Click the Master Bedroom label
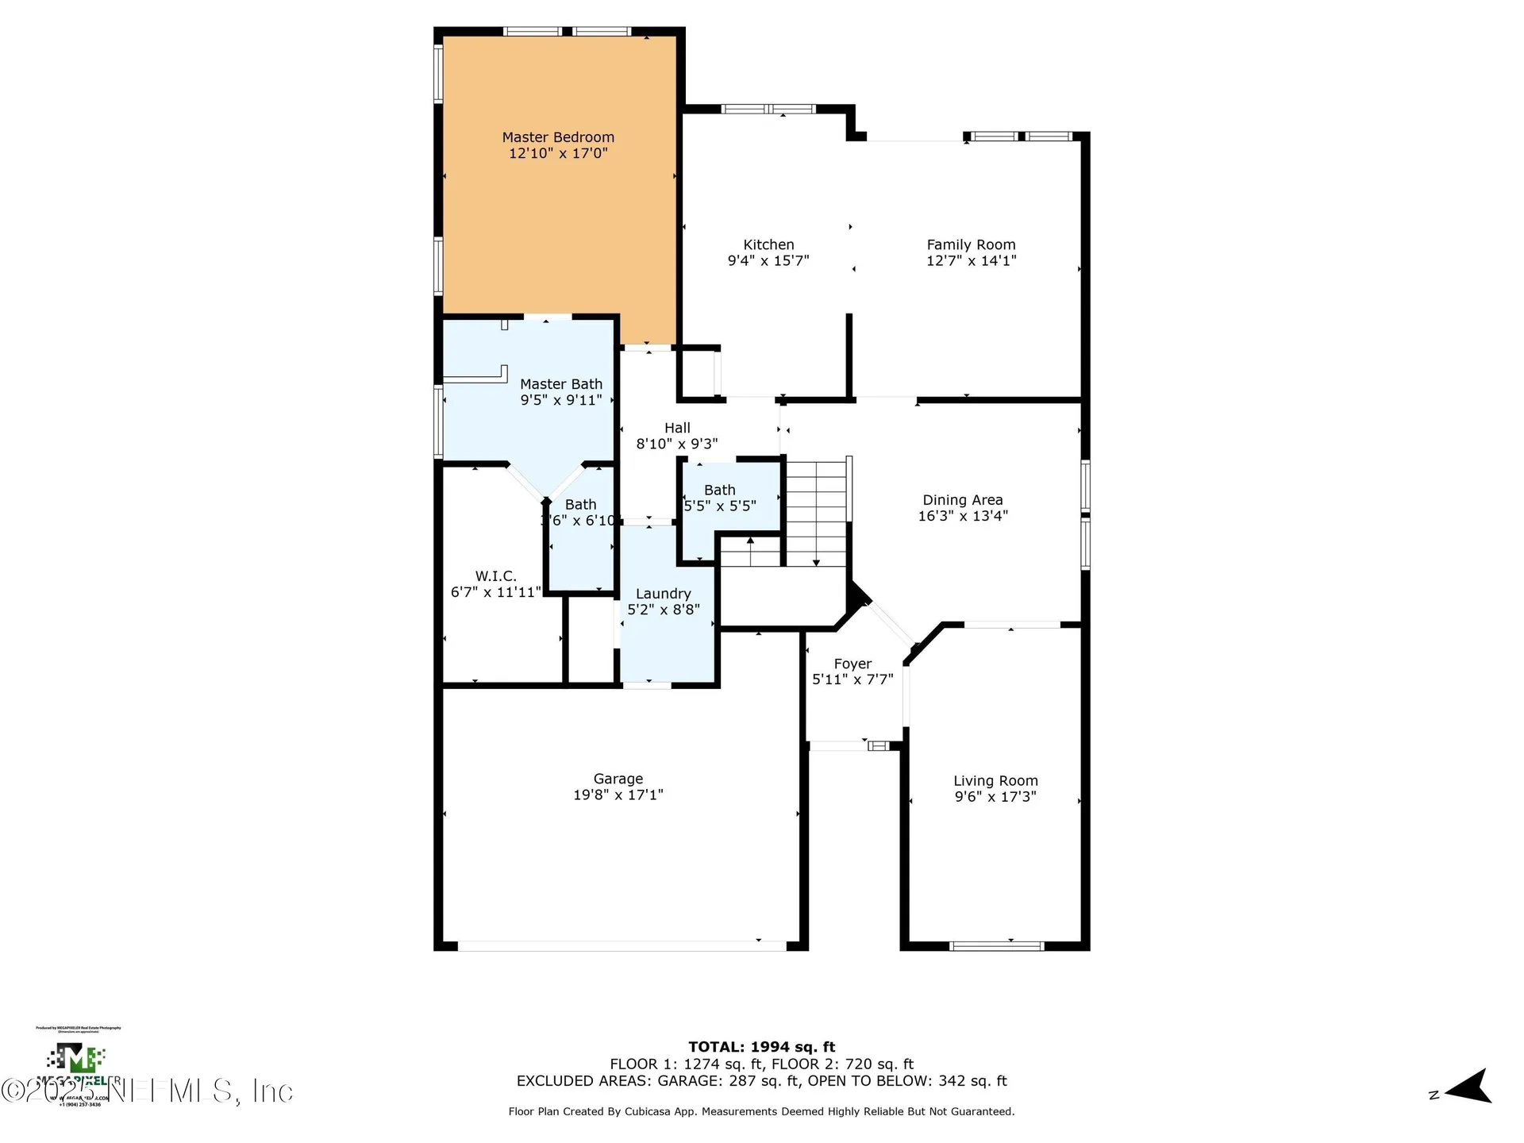coord(558,137)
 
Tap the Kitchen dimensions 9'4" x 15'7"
coord(768,260)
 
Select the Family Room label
coord(971,244)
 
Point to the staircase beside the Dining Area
coord(816,513)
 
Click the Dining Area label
coord(962,500)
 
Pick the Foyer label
coord(852,664)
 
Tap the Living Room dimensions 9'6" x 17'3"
coord(995,796)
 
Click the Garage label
coord(618,779)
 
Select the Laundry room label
coord(663,594)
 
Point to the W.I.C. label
coord(495,576)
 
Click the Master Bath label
coord(561,384)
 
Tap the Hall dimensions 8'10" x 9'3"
coord(677,444)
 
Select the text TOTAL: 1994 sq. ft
coord(761,1047)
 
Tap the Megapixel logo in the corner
coord(76,1060)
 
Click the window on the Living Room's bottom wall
coord(996,945)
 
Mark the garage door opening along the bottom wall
coord(622,945)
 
